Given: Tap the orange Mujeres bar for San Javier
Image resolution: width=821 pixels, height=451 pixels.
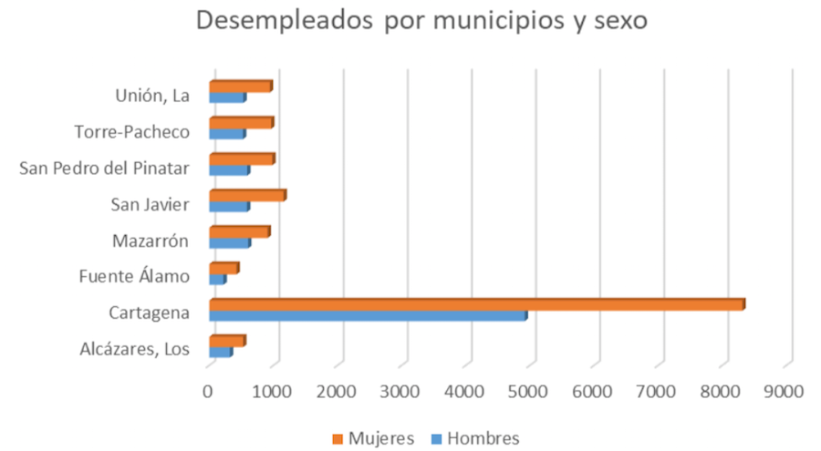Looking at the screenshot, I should coord(246,195).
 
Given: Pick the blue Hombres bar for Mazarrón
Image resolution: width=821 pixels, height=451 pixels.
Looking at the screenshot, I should coord(229,242).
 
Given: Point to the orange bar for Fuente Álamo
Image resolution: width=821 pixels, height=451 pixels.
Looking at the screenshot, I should coord(223,268).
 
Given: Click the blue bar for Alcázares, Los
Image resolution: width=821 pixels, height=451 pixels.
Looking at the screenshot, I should coord(220,352).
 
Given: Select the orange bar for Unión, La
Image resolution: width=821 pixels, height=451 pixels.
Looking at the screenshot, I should coord(240,87).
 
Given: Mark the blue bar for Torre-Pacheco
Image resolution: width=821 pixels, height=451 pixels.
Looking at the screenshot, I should coord(226,134).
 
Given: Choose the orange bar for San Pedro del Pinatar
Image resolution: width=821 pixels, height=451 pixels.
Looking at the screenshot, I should coord(241,159).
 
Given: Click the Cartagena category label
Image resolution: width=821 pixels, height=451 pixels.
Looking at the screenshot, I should coord(149,313).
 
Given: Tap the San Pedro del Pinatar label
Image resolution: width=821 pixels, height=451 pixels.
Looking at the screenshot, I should coord(104,168).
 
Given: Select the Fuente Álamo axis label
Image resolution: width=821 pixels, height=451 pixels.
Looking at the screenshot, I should coord(134,276).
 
